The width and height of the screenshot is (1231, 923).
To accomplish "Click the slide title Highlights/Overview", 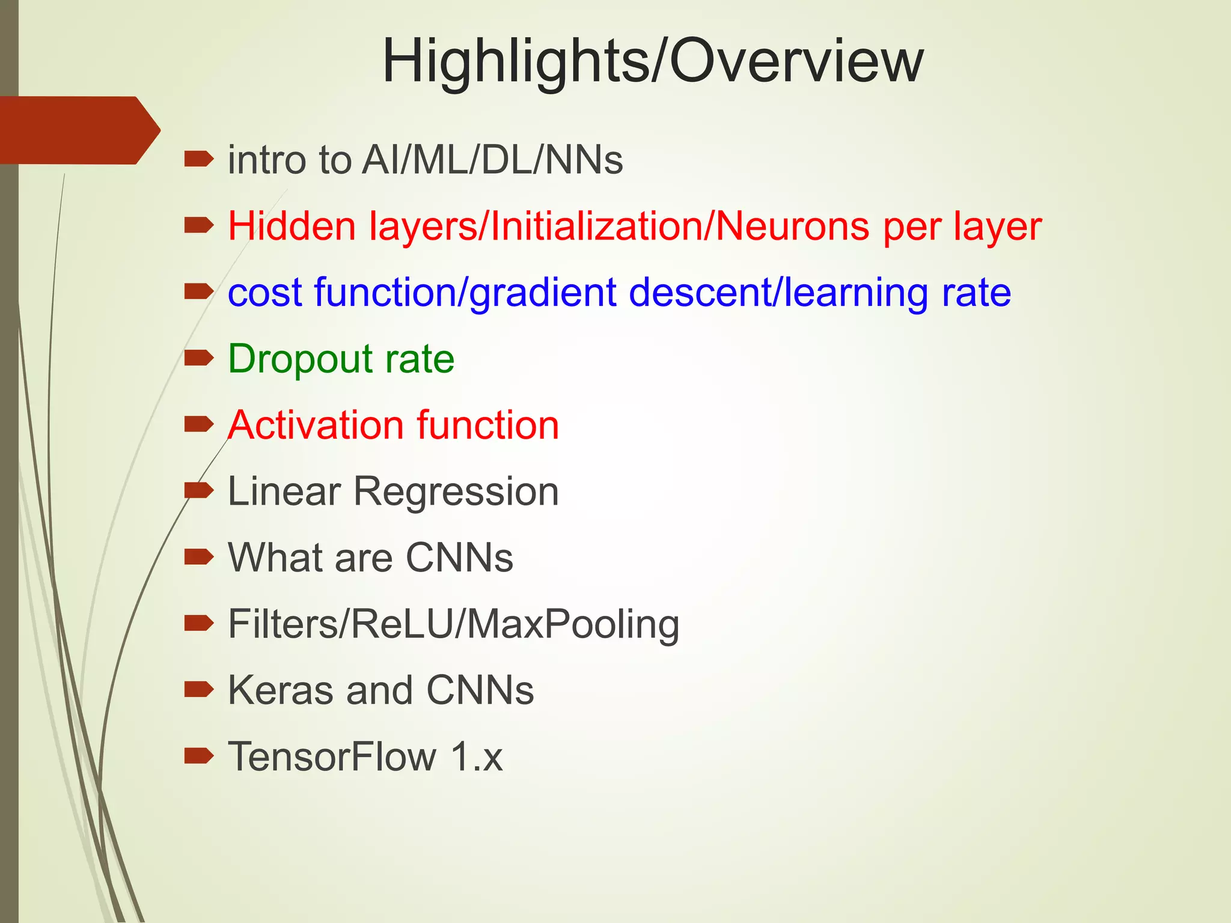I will [653, 61].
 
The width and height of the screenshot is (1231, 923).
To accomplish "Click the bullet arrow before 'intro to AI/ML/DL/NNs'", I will [199, 159].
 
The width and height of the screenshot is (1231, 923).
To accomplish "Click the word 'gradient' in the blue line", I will [543, 293].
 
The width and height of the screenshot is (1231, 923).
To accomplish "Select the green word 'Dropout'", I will [301, 359].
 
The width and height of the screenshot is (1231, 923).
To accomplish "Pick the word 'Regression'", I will [456, 492].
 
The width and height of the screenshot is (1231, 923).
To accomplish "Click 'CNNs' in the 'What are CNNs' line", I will [459, 558].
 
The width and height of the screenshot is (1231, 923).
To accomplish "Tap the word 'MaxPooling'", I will [573, 624].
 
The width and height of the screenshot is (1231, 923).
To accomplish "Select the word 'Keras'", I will [281, 690].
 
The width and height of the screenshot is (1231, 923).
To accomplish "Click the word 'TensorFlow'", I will [332, 756].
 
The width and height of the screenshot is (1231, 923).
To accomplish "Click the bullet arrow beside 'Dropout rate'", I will [199, 358].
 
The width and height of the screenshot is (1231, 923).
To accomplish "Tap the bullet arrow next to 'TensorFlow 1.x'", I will [199, 755].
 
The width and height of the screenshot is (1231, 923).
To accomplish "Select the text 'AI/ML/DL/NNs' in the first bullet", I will [492, 160].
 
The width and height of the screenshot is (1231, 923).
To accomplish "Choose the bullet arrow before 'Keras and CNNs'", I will [199, 689].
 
